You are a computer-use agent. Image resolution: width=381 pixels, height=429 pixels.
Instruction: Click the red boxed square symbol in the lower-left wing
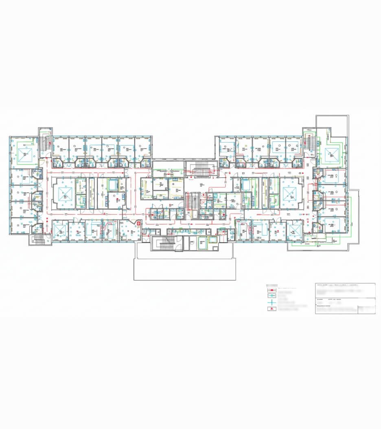[138, 223]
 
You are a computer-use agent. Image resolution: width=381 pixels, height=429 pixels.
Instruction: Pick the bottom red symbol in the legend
[269, 309]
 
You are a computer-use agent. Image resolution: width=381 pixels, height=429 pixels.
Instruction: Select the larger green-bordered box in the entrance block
[202, 244]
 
